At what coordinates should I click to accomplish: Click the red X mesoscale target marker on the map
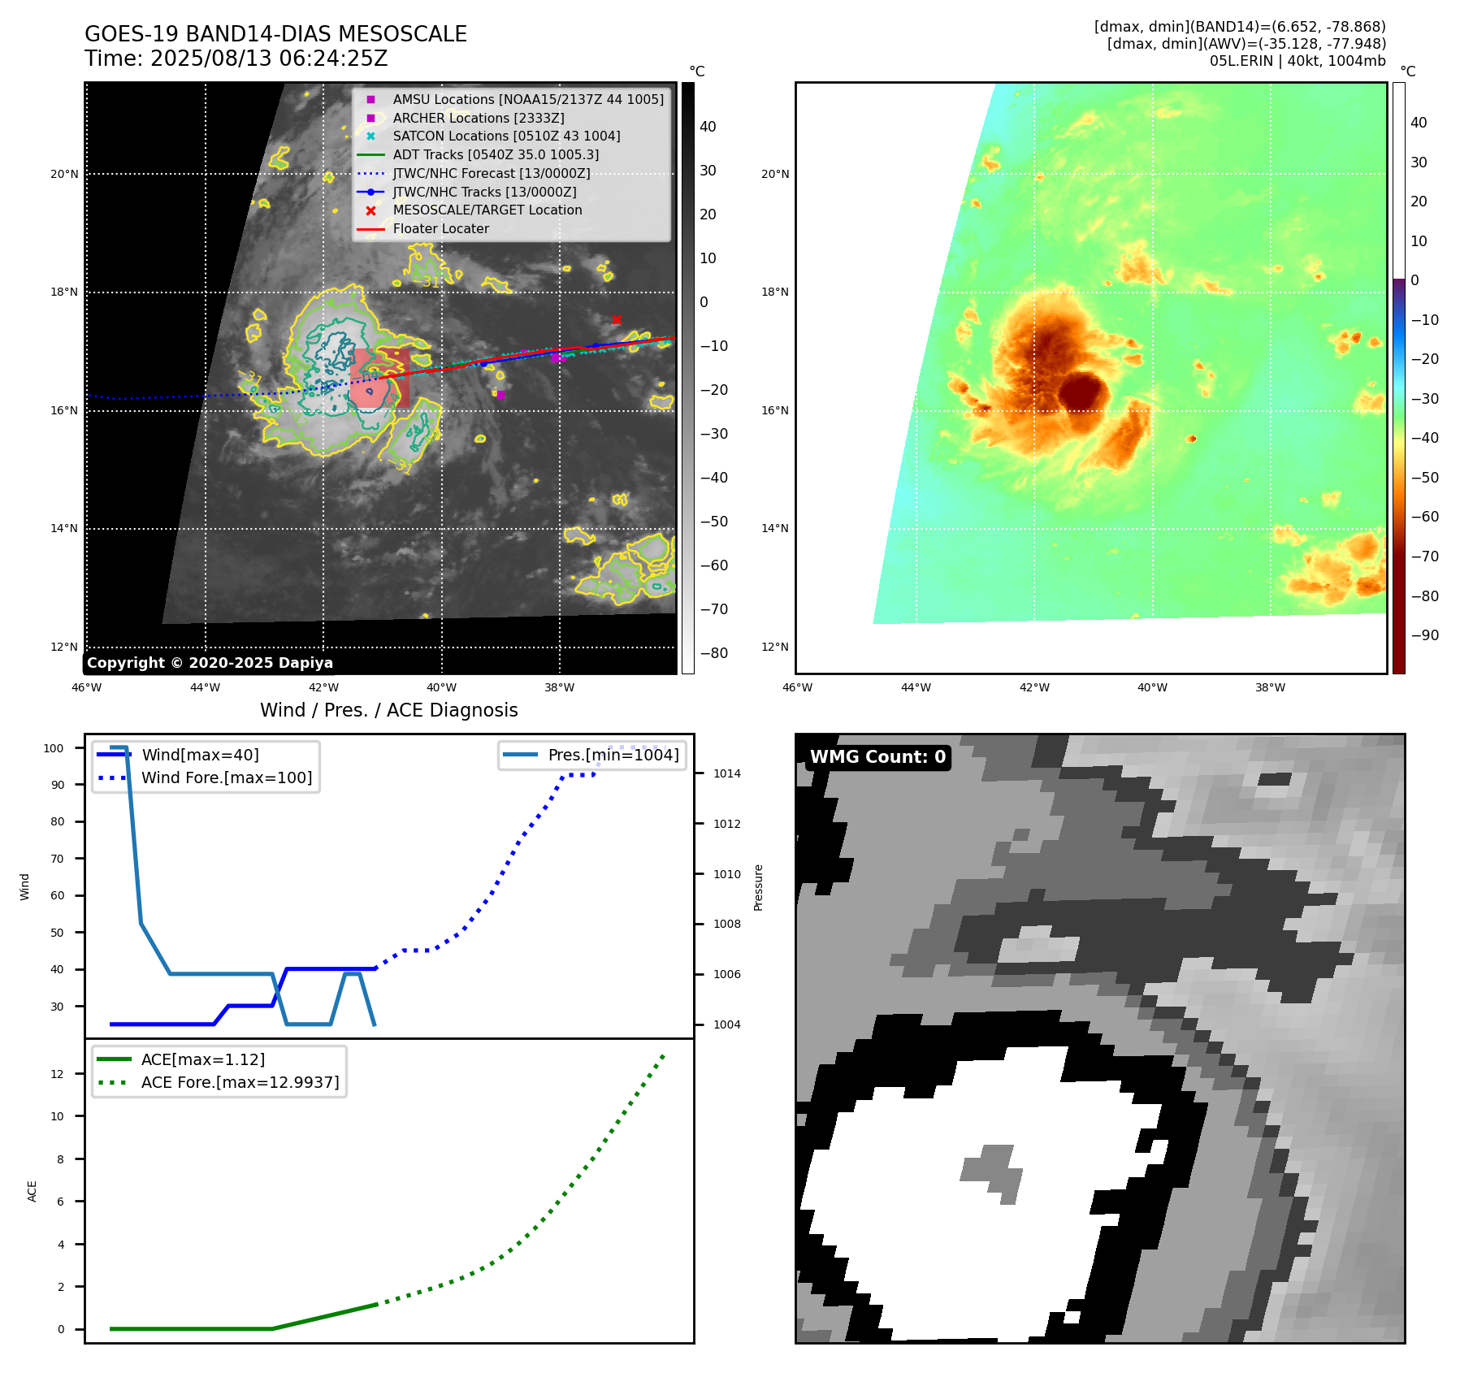pos(617,319)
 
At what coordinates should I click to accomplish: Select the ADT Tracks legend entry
pos(496,154)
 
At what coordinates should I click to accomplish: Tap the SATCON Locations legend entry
pos(506,136)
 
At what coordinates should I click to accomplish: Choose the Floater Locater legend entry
pos(440,228)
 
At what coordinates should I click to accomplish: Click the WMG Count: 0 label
pos(877,757)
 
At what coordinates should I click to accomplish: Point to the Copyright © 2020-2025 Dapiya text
pos(210,663)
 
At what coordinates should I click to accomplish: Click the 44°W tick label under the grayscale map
pos(205,687)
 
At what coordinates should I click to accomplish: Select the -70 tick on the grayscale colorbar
pos(714,609)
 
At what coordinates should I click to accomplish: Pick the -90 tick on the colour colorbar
pos(1424,635)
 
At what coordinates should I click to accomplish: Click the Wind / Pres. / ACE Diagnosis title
pos(388,710)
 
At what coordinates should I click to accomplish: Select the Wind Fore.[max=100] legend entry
pos(226,777)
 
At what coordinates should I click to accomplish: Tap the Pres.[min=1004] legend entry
pos(613,755)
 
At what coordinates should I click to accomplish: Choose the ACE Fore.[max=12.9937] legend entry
pos(240,1082)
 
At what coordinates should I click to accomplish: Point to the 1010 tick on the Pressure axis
pos(726,874)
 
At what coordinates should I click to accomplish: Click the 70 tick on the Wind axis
pos(58,859)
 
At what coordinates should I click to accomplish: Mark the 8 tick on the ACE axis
pos(61,1159)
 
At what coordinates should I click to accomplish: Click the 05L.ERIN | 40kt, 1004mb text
pos(1297,61)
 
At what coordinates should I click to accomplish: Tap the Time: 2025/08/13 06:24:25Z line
pos(236,58)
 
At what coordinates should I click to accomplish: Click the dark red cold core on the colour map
pos(1083,392)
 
